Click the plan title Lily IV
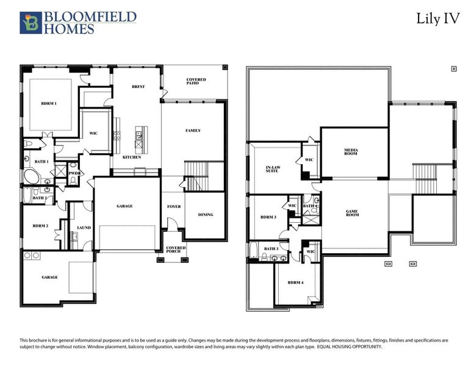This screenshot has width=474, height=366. click(437, 18)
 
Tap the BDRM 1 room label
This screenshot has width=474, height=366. click(49, 104)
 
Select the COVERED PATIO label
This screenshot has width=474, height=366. click(196, 81)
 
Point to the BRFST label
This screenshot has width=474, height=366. click(138, 87)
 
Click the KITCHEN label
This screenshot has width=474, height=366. click(132, 157)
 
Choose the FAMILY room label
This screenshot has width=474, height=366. click(193, 131)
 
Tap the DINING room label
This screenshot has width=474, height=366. click(206, 215)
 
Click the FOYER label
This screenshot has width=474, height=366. click(174, 207)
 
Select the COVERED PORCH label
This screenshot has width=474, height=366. click(176, 249)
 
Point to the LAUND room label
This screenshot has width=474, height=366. click(84, 228)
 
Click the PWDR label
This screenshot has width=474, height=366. click(75, 173)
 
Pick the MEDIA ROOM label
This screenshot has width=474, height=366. click(351, 152)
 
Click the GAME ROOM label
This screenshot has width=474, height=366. click(352, 213)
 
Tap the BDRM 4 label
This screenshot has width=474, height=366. click(295, 282)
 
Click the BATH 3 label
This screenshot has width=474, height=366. click(271, 249)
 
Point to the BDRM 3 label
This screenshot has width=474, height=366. click(268, 217)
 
